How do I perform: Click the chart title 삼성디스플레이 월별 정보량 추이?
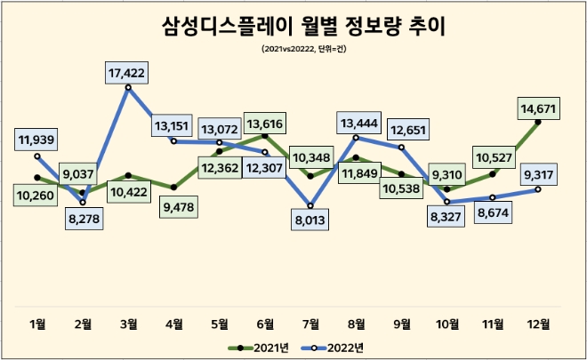pyautogui.click(x=293, y=26)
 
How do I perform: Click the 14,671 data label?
pyautogui.click(x=540, y=108)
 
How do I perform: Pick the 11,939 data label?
pyautogui.click(x=38, y=138)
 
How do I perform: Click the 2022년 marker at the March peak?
pyautogui.click(x=130, y=87)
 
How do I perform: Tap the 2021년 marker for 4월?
pyautogui.click(x=175, y=187)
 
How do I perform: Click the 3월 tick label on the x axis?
pyautogui.click(x=129, y=323)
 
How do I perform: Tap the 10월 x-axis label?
pyautogui.click(x=446, y=323)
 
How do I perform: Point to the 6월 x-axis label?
pyautogui.click(x=266, y=323)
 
